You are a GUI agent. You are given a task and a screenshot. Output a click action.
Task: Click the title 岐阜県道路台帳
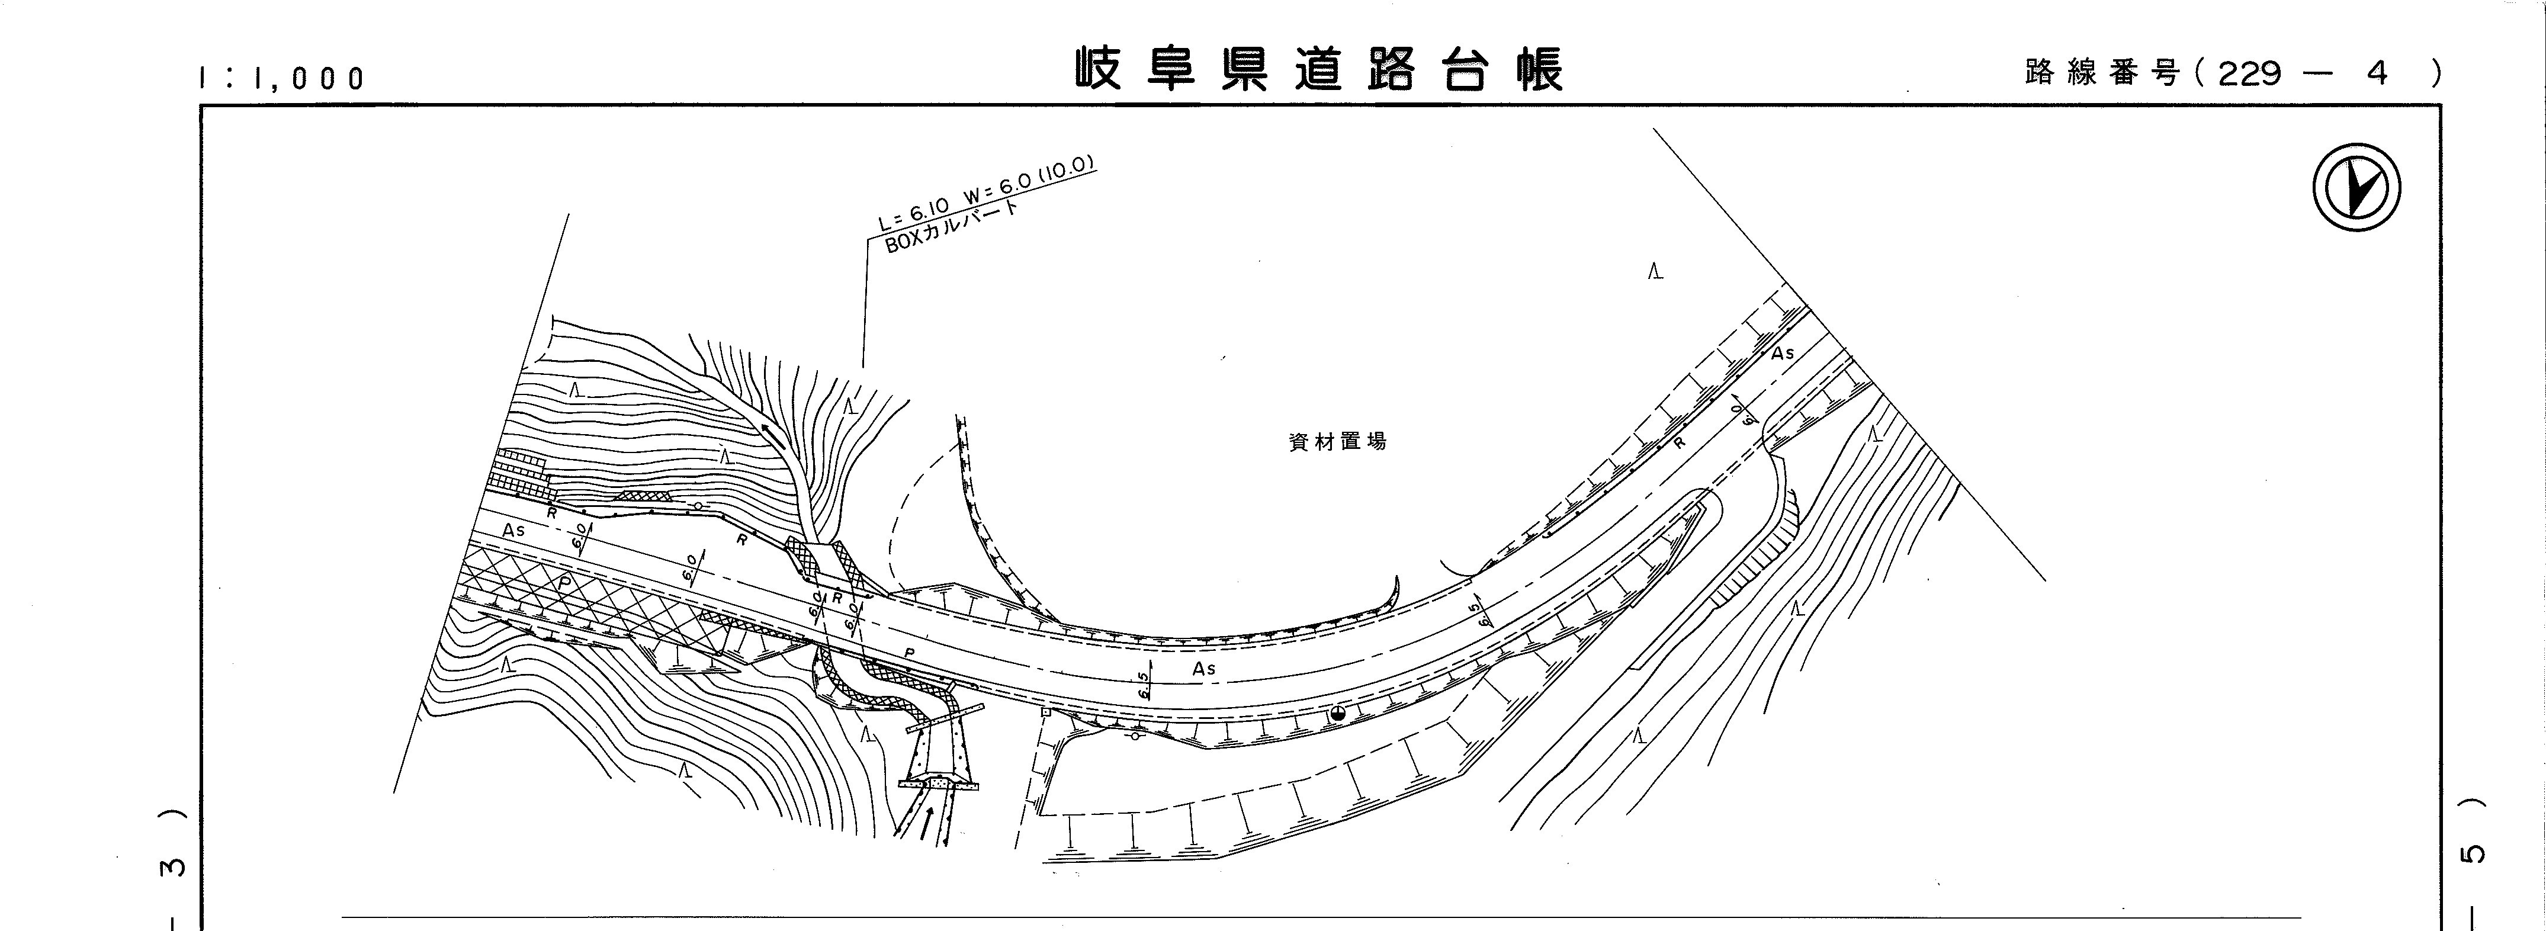coord(1319,69)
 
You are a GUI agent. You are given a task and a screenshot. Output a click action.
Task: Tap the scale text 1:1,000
coord(282,78)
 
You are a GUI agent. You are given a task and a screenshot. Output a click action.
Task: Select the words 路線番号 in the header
coord(2100,72)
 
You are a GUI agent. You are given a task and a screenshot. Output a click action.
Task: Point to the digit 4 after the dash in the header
coord(2378,72)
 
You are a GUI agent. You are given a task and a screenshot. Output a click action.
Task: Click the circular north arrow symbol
coord(2357,188)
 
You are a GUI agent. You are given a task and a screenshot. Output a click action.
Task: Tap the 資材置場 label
coord(1337,442)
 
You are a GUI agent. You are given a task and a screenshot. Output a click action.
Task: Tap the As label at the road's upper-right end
coord(1782,353)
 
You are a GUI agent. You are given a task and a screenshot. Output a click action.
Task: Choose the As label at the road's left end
coord(513,531)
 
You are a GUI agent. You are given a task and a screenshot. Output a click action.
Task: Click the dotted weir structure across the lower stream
coord(938,784)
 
